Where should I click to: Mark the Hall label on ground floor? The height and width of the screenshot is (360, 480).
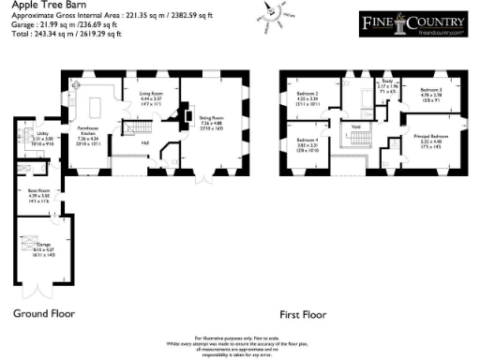pyautogui.click(x=145, y=142)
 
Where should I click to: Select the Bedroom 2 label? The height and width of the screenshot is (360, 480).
pyautogui.click(x=309, y=97)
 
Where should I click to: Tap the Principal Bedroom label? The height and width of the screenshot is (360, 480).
pyautogui.click(x=427, y=138)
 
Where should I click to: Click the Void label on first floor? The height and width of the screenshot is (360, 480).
pyautogui.click(x=356, y=127)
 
